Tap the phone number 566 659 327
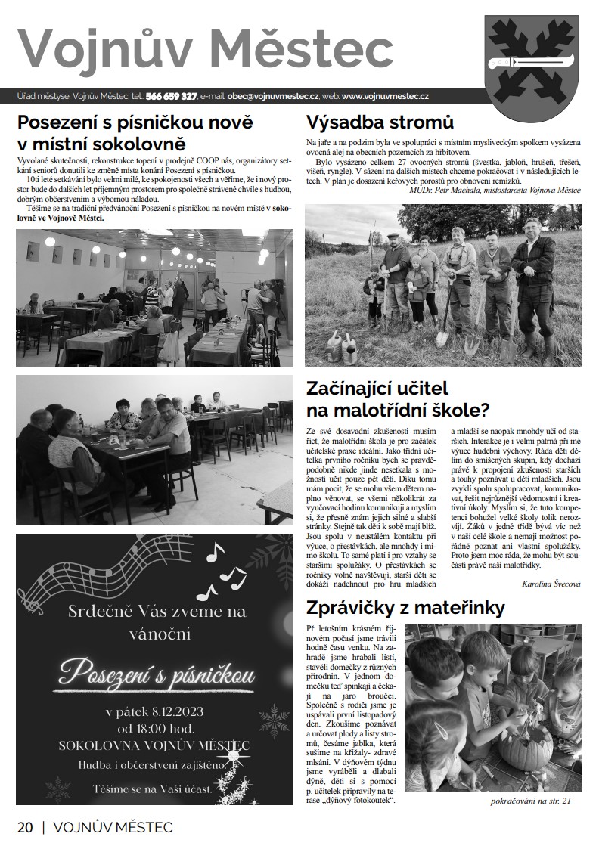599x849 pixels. (172, 96)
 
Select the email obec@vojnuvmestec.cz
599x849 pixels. (273, 96)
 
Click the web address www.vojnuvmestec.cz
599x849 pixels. (386, 96)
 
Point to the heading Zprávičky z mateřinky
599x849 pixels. (405, 608)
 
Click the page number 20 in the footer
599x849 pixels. (25, 827)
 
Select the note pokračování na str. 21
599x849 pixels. (532, 801)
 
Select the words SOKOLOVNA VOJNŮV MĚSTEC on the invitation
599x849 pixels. (154, 746)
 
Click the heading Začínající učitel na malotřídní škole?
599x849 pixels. (397, 400)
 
